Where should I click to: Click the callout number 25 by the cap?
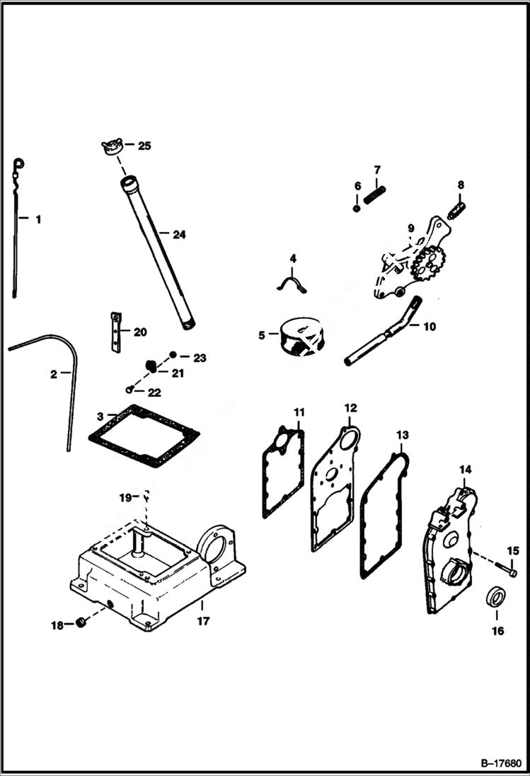[x=144, y=146]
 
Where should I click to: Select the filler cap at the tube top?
[x=111, y=149]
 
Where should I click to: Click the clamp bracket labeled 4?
[x=290, y=283]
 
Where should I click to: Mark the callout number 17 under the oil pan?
[x=203, y=622]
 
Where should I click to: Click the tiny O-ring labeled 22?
[x=129, y=388]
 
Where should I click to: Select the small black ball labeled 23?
[x=173, y=354]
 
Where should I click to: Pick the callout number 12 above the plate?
[x=351, y=408]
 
